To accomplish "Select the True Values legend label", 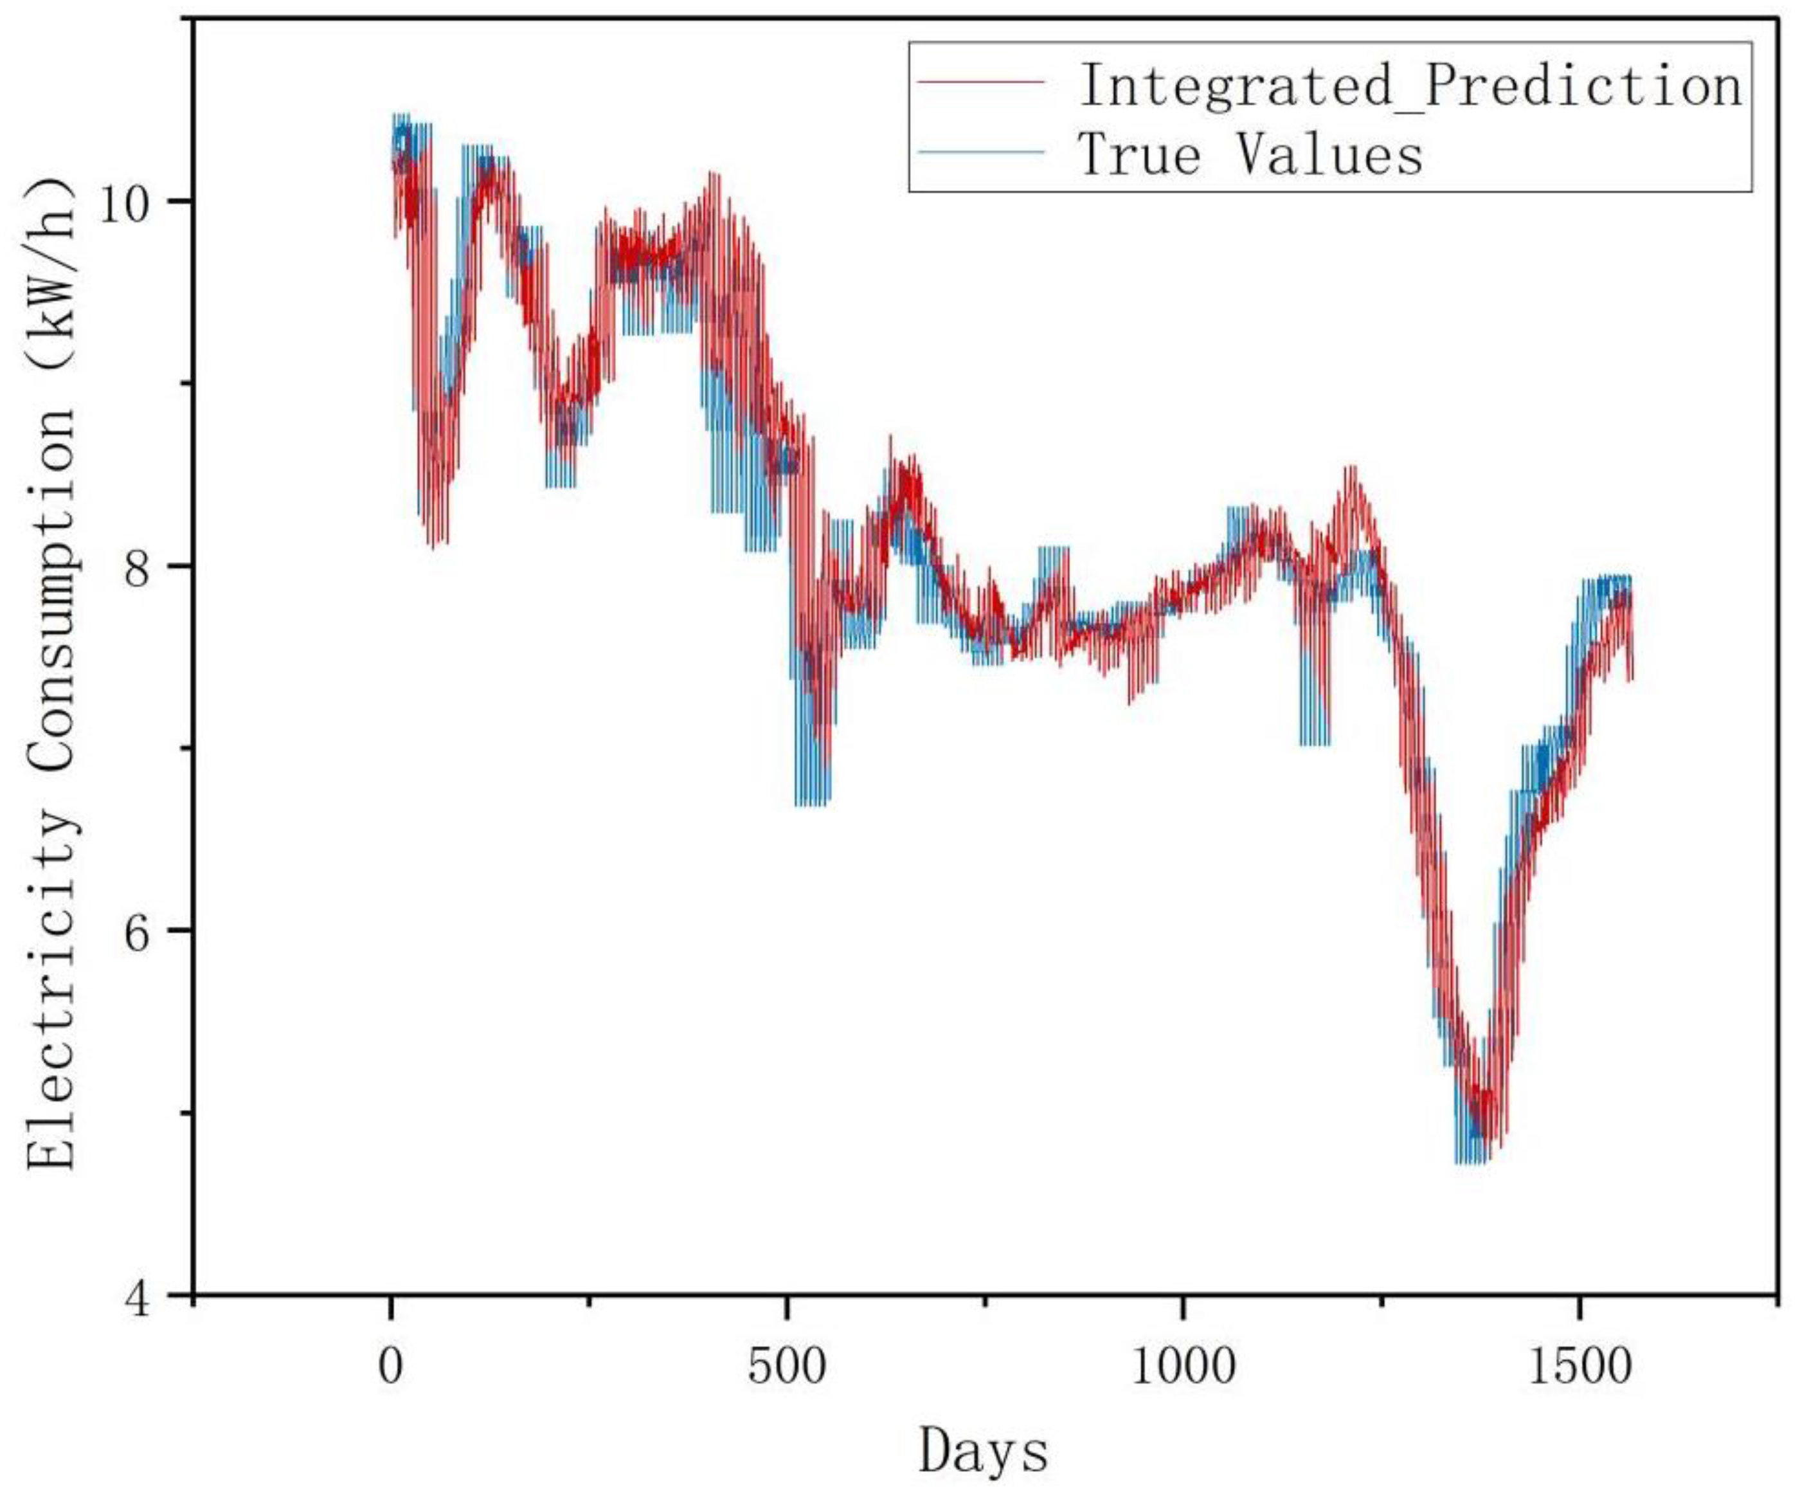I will pyautogui.click(x=1250, y=155).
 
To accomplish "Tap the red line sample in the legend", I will pyautogui.click(x=980, y=82).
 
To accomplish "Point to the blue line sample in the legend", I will pyautogui.click(x=980, y=152).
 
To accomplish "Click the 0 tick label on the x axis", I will pyautogui.click(x=391, y=1366).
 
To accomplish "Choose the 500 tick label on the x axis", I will pyautogui.click(x=786, y=1366).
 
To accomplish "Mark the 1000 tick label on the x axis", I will pyautogui.click(x=1183, y=1366).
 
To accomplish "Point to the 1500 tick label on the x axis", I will pyautogui.click(x=1580, y=1366).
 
